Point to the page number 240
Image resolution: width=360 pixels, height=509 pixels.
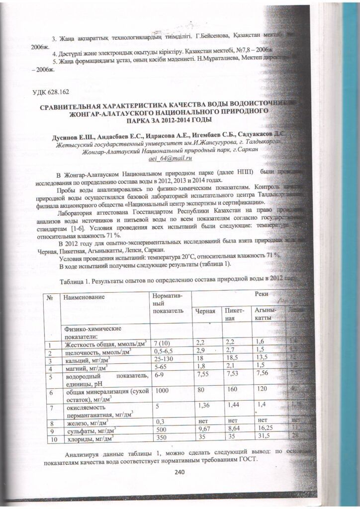click(x=180, y=472)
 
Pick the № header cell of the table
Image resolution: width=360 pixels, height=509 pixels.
click(x=50, y=297)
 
